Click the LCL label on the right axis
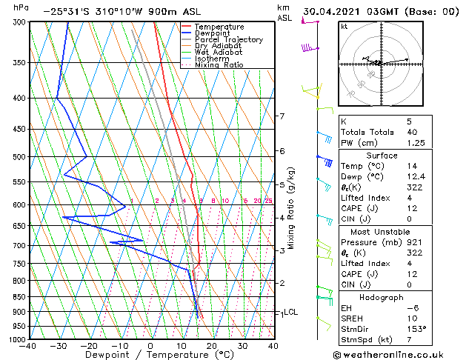pos(290,313)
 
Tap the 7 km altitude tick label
pos(282,116)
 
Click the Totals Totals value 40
pos(411,132)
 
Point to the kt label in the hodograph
pos(344,26)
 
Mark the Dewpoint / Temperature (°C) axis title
pos(150,355)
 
